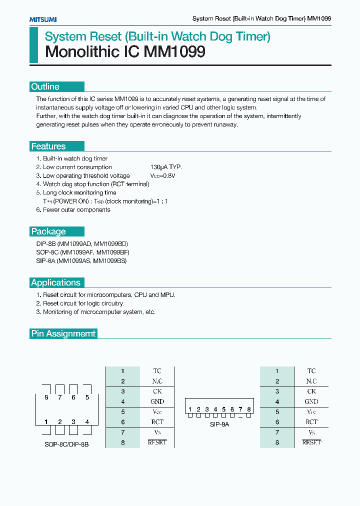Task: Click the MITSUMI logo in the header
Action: click(x=43, y=19)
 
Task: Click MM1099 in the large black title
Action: click(x=174, y=52)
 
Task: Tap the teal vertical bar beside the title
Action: click(x=33, y=45)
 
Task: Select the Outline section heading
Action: click(x=45, y=86)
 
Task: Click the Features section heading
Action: click(x=48, y=146)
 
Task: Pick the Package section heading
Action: click(x=48, y=231)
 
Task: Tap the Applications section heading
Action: click(x=56, y=282)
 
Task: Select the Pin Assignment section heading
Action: click(x=63, y=333)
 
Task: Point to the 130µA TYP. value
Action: click(x=166, y=167)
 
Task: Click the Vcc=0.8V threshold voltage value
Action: click(x=163, y=176)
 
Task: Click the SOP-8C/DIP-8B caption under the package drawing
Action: click(x=66, y=444)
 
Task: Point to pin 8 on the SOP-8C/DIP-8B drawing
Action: click(x=46, y=397)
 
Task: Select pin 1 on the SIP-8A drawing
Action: click(x=190, y=409)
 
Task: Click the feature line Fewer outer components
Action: click(x=76, y=210)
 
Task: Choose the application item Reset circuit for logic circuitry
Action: click(x=83, y=303)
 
